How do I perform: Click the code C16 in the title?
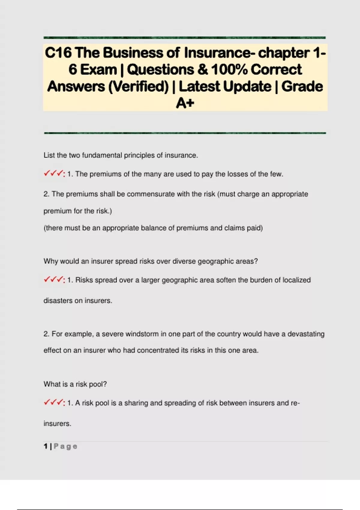(x=58, y=53)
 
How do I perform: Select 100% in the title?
(x=229, y=70)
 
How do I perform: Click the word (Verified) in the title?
(x=138, y=86)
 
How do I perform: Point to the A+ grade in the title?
(x=185, y=103)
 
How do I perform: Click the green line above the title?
(x=184, y=38)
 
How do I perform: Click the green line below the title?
(x=184, y=133)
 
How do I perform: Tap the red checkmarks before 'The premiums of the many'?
(x=54, y=174)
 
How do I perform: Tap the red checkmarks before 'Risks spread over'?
(x=54, y=280)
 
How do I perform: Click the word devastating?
(x=306, y=334)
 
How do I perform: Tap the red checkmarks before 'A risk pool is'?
(x=54, y=403)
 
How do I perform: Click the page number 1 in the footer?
(x=46, y=446)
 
